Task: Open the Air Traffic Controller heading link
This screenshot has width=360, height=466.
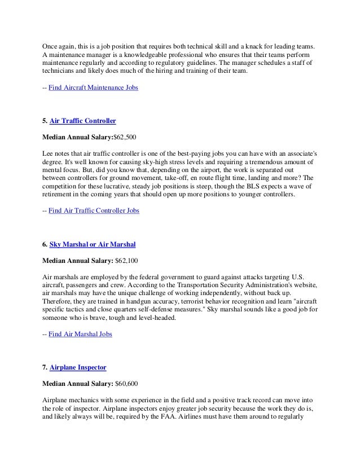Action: pyautogui.click(x=83, y=121)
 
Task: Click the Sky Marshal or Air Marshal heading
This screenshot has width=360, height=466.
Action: pyautogui.click(x=93, y=244)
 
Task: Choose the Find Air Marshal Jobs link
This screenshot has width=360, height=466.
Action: pyautogui.click(x=80, y=335)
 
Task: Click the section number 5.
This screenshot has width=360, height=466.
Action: pyautogui.click(x=45, y=121)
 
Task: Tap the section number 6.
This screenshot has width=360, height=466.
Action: pyautogui.click(x=45, y=244)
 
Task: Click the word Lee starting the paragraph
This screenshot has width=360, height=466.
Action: pyautogui.click(x=49, y=153)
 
